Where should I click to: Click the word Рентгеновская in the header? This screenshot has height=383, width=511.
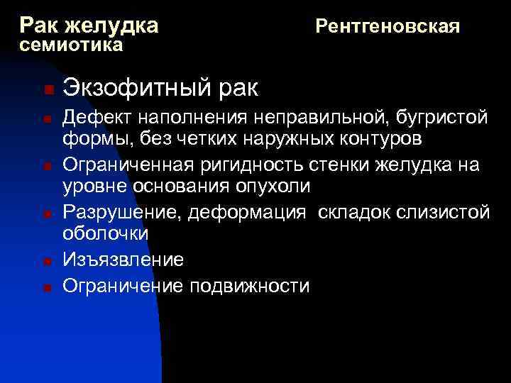[388, 27]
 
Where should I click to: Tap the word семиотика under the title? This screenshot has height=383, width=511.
[72, 46]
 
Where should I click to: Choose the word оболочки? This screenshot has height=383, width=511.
[105, 233]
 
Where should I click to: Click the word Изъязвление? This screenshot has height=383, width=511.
[123, 260]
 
